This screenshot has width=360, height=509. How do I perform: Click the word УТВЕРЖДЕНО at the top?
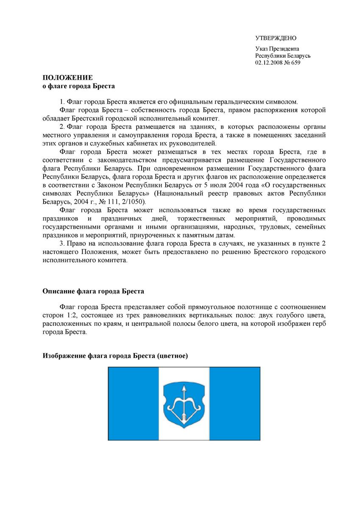point(276,38)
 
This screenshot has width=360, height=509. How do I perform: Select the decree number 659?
point(295,62)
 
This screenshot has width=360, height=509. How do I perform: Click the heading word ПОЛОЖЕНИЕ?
point(67,78)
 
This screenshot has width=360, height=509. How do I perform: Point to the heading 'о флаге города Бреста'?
point(79,86)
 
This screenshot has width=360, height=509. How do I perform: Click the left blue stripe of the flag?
point(133,403)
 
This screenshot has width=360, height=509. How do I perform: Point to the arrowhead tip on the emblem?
point(184,386)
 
